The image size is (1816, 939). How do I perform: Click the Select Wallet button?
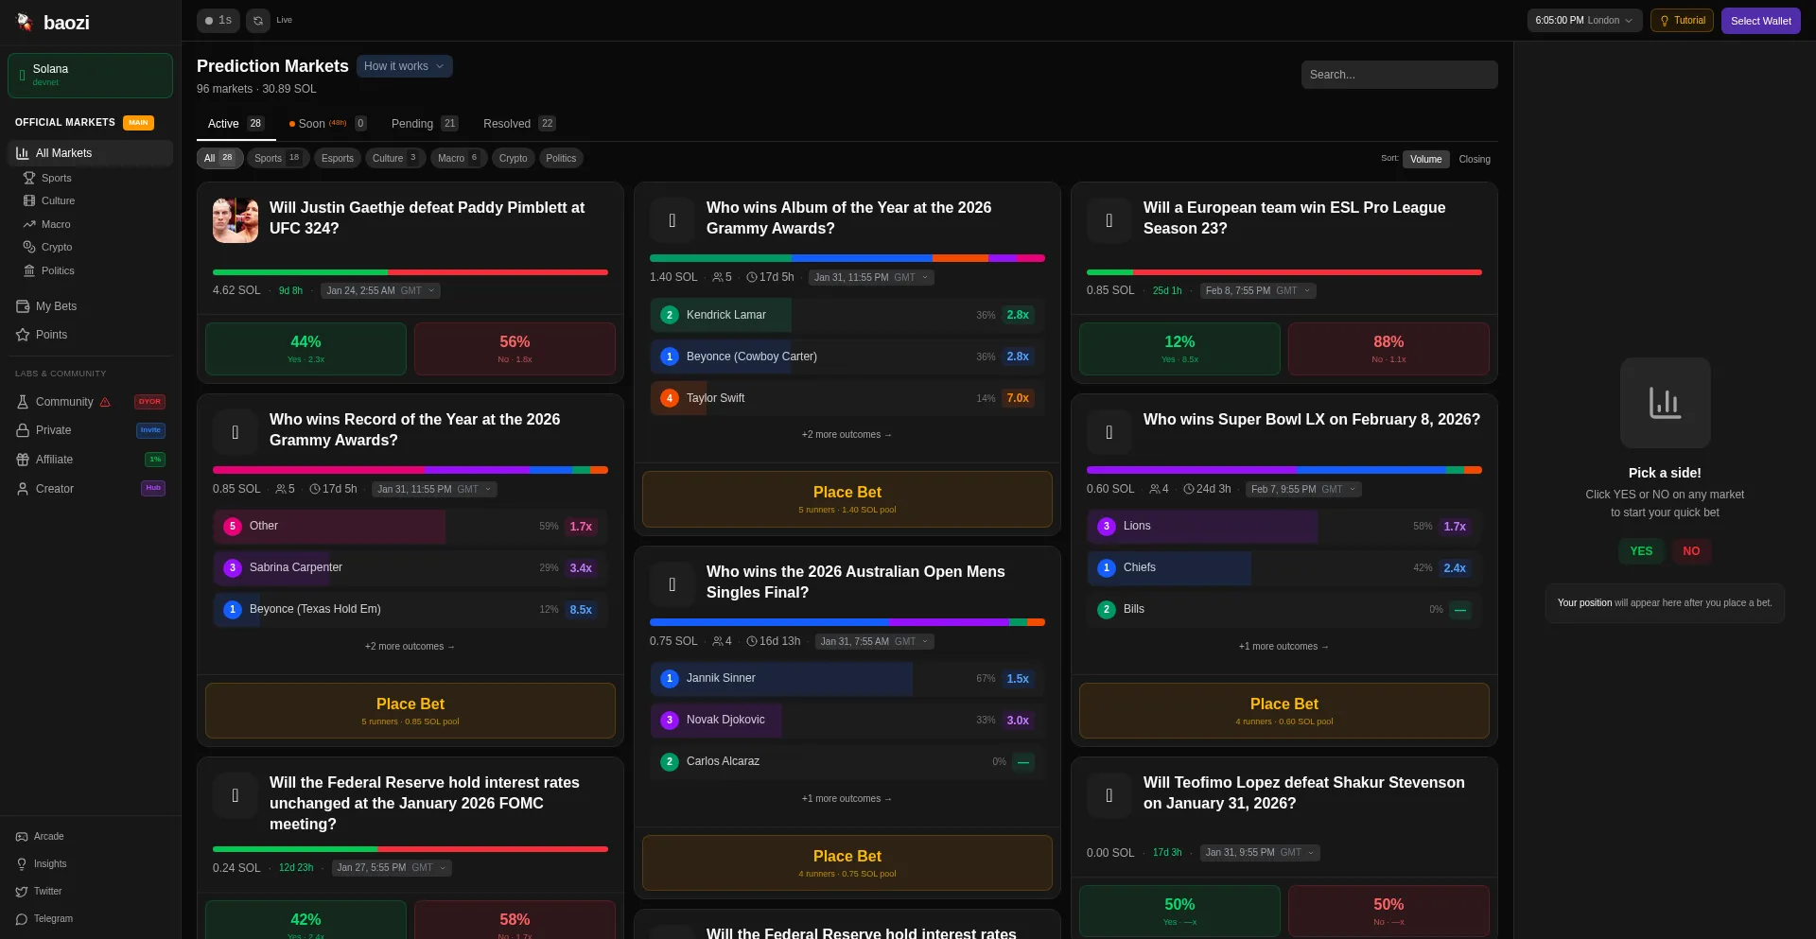(x=1760, y=21)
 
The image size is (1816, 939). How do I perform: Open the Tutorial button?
(x=1682, y=21)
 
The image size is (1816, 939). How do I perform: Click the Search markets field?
(x=1398, y=75)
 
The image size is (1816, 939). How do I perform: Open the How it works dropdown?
(x=404, y=66)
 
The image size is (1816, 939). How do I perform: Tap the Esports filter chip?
(x=337, y=159)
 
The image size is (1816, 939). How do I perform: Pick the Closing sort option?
(x=1474, y=160)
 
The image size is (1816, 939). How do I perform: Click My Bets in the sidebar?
(x=56, y=306)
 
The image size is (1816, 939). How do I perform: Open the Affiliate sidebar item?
(x=54, y=460)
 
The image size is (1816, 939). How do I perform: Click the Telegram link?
(x=52, y=919)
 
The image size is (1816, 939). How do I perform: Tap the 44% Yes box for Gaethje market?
(x=306, y=349)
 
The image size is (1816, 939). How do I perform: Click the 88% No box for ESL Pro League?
(x=1388, y=349)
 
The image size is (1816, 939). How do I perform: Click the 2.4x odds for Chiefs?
(x=1454, y=568)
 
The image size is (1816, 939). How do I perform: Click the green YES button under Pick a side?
(x=1641, y=551)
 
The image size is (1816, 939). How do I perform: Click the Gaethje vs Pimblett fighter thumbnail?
(x=236, y=220)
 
